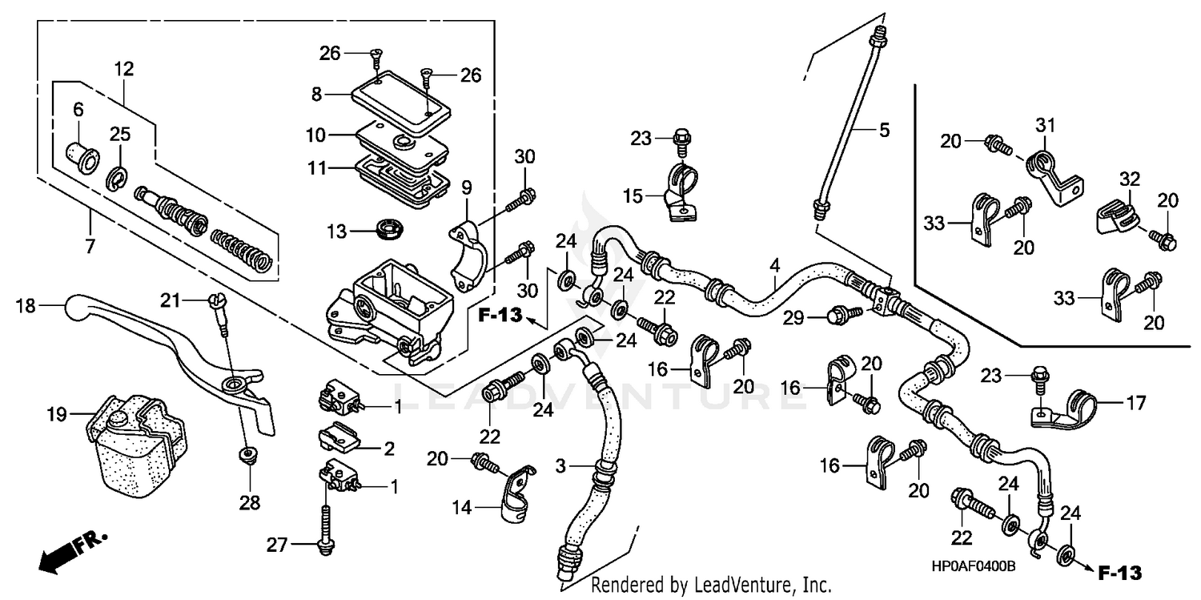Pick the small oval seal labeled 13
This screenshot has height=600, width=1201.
[391, 229]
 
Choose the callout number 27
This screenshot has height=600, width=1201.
[276, 546]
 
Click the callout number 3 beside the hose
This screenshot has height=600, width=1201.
[560, 466]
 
